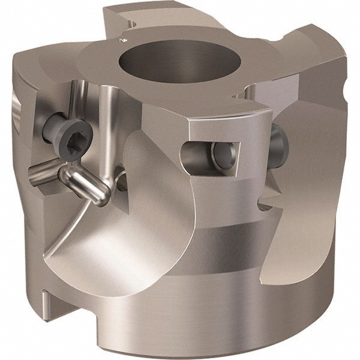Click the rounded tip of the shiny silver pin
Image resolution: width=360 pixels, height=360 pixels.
point(103,196)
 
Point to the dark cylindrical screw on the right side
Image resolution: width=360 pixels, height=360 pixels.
point(279,146)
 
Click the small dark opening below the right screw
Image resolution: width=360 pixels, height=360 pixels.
point(265,206)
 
